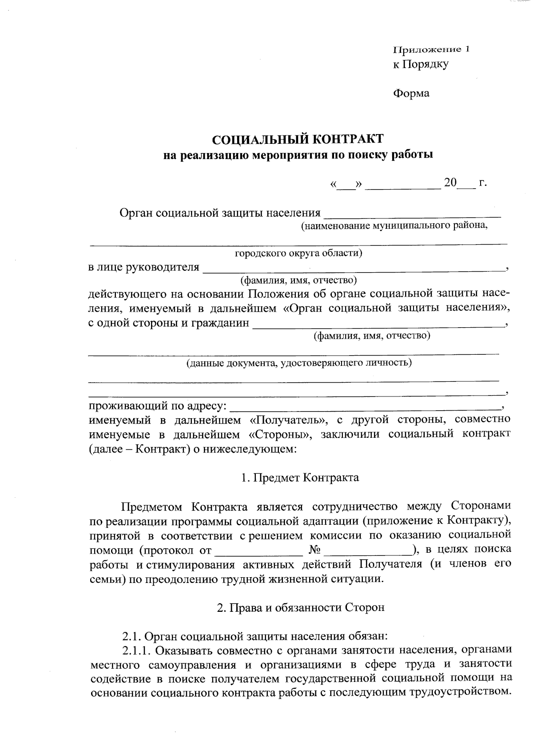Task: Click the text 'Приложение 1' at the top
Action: click(430, 49)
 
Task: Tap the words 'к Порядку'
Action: click(420, 64)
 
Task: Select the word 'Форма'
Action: click(411, 94)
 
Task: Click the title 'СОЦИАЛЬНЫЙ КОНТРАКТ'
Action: click(297, 139)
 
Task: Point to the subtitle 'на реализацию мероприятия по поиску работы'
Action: click(297, 155)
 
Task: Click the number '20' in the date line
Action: click(450, 182)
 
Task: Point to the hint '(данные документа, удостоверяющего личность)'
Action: click(298, 363)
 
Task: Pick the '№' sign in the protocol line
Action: click(314, 550)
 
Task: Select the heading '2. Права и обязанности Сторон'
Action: click(300, 608)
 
